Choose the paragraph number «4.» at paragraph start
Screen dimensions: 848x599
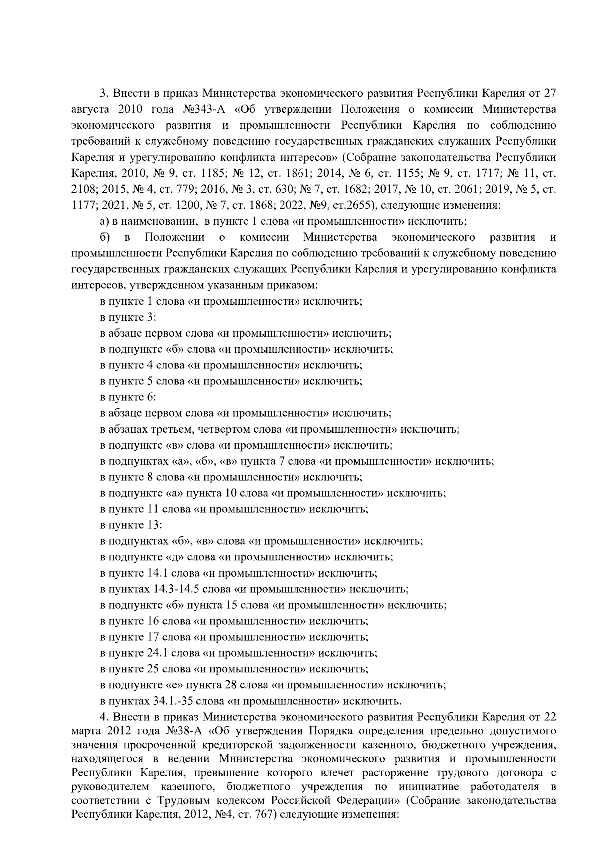pyautogui.click(x=104, y=717)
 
